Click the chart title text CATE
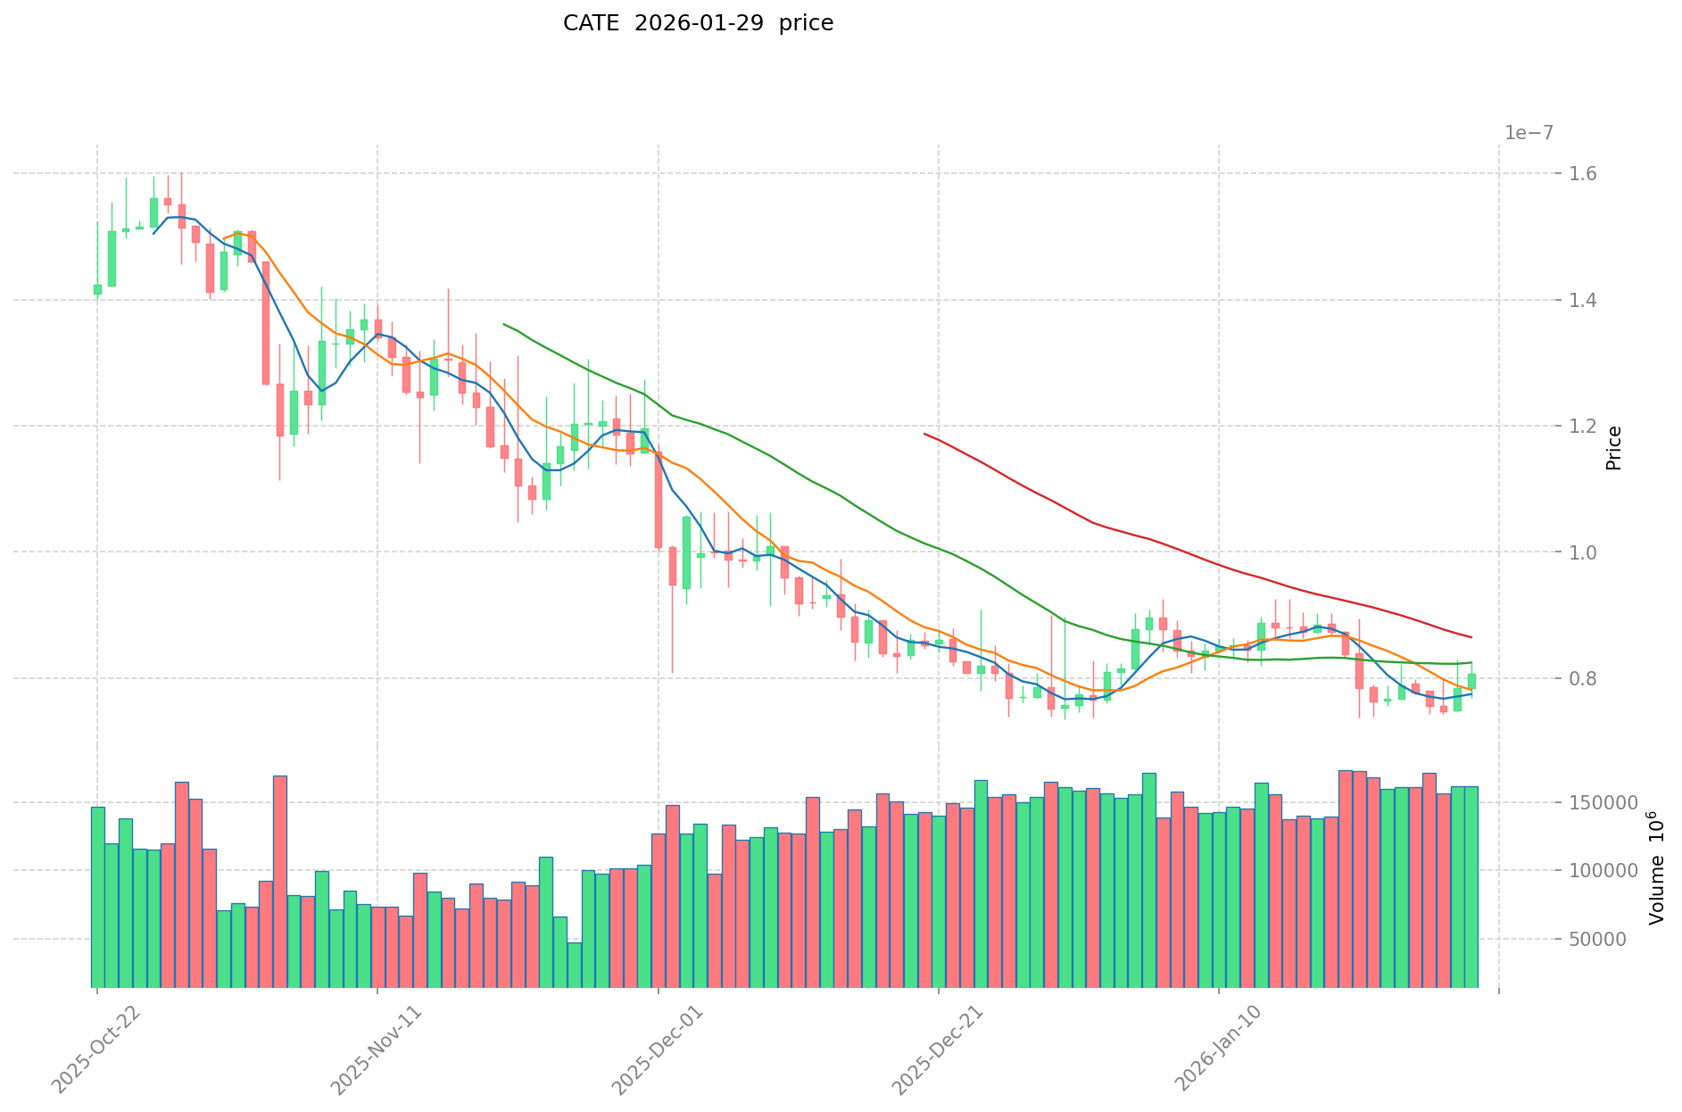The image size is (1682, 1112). (x=591, y=23)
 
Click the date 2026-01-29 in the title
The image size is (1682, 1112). (x=699, y=23)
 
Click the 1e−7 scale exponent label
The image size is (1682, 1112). (x=1529, y=133)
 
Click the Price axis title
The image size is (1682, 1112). (x=1613, y=448)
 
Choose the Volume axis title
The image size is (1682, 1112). (x=1656, y=867)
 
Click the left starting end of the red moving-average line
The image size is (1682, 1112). (x=924, y=434)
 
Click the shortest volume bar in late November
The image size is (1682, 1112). (x=574, y=965)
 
